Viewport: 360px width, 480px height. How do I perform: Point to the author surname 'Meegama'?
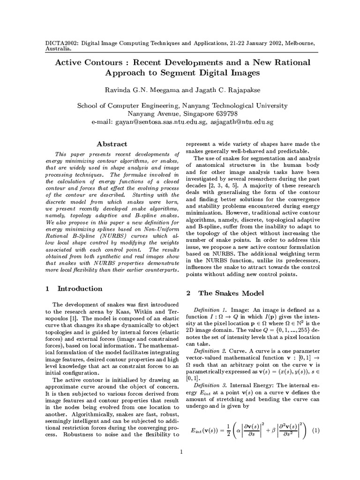tap(157, 90)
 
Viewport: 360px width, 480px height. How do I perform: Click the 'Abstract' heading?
tap(112, 144)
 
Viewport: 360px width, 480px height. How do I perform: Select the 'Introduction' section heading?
tap(80, 289)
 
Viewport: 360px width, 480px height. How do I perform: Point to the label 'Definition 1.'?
tap(210, 310)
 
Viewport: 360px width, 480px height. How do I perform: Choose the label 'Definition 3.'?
tap(210, 371)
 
